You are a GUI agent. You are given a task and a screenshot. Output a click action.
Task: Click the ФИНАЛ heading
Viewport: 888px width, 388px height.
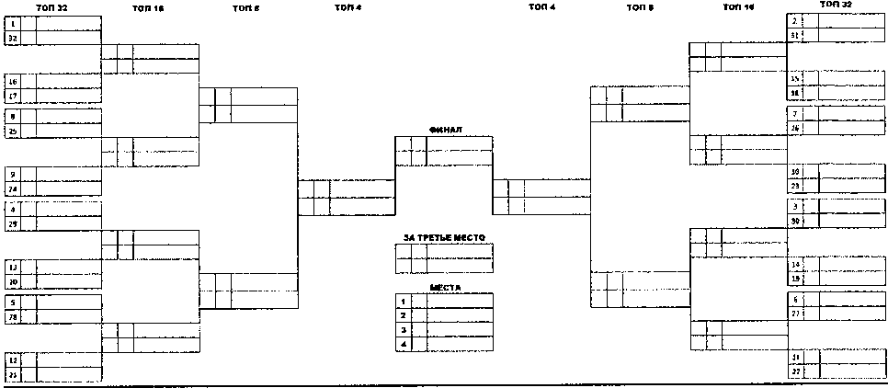(444, 131)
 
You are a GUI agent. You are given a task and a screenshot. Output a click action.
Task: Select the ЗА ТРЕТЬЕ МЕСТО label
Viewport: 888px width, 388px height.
(444, 238)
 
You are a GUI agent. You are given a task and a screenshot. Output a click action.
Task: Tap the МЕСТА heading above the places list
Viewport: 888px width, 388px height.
(444, 287)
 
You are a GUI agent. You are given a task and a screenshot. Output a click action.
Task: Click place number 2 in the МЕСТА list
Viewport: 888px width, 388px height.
(403, 314)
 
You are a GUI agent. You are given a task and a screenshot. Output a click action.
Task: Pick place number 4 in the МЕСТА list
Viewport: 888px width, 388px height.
(403, 344)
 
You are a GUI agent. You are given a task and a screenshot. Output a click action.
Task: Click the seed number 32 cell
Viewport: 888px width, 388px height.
(13, 39)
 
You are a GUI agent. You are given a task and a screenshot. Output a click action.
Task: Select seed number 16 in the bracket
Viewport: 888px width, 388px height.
(13, 81)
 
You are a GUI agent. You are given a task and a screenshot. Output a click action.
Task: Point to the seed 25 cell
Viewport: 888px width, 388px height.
(13, 131)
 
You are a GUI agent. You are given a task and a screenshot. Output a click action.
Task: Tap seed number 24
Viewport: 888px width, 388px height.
(13, 189)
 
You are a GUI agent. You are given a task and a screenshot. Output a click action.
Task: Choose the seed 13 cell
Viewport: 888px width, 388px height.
(13, 267)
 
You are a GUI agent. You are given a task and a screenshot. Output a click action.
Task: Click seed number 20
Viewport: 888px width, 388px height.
(13, 281)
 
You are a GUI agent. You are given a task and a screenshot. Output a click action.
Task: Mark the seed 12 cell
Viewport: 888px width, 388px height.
(13, 359)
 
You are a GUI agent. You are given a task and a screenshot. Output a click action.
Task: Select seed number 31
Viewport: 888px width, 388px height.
(794, 35)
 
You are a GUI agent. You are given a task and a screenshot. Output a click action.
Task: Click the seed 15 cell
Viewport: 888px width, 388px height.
(795, 79)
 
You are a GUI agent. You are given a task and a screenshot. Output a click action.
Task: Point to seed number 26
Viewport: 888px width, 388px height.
(795, 128)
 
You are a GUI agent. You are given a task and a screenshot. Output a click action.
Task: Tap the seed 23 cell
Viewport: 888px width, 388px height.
(795, 186)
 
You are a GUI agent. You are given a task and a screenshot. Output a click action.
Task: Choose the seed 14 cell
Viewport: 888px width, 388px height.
(795, 264)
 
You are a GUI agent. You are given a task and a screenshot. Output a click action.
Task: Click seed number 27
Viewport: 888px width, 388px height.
(795, 314)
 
